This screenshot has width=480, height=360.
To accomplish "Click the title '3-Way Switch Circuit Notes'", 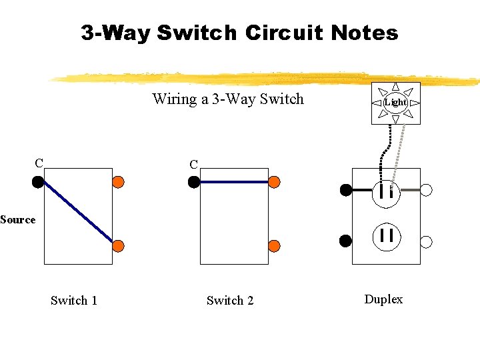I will [x=239, y=33].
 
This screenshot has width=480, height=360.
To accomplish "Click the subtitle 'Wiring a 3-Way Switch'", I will [x=227, y=99].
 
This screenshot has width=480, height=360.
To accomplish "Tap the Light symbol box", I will [x=396, y=102].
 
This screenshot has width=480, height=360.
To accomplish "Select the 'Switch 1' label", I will [x=74, y=301].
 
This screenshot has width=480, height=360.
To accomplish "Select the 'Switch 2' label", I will [x=230, y=301].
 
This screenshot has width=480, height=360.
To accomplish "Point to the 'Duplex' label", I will [x=383, y=299].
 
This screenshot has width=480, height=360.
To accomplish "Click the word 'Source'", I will [x=18, y=219].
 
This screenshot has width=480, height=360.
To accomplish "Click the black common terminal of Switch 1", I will [x=38, y=181].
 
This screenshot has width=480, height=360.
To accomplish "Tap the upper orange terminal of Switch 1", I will [x=118, y=181].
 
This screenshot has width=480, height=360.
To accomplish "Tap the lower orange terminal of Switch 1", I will [x=118, y=245].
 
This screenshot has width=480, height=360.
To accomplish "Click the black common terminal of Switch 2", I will [x=194, y=182].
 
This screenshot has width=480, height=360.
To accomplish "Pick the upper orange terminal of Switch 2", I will [x=274, y=181].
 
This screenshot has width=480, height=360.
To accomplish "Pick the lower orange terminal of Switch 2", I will [x=274, y=245].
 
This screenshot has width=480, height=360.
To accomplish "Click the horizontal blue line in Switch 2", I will [x=233, y=181].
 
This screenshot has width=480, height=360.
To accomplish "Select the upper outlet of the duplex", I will [x=386, y=192].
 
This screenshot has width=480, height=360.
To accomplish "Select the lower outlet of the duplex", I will [x=386, y=235].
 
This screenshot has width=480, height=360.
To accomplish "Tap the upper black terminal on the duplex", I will [x=345, y=190].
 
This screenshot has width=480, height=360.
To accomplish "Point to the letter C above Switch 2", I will [x=193, y=164].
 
